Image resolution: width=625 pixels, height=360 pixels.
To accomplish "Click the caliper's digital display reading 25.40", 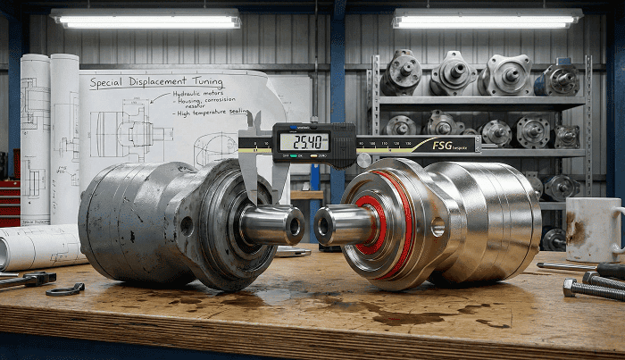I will (x=304, y=141).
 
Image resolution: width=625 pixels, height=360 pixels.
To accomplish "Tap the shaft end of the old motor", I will (x=290, y=224).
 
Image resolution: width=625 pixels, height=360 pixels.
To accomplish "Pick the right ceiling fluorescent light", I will (x=487, y=18).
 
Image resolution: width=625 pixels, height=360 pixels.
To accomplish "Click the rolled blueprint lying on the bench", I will (x=40, y=246).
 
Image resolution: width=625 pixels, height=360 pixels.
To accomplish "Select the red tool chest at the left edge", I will (x=9, y=201).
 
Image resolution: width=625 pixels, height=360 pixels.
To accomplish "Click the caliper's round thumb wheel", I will (x=364, y=160).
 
